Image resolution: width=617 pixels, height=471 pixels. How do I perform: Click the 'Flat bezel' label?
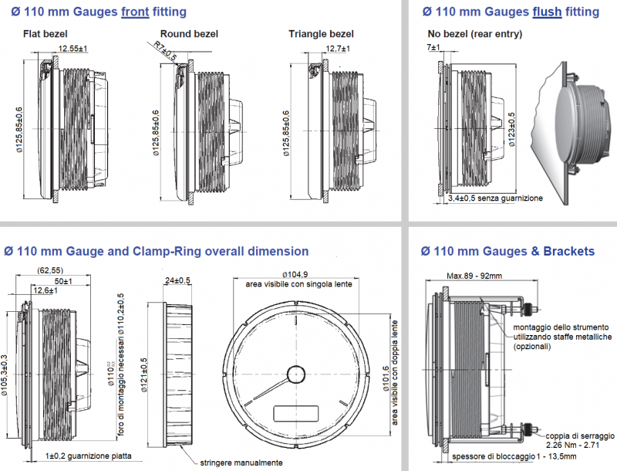pyautogui.click(x=44, y=35)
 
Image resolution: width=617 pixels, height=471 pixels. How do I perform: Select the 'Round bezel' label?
pyautogui.click(x=189, y=34)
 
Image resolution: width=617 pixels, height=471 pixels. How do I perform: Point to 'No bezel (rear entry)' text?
pyautogui.click(x=474, y=34)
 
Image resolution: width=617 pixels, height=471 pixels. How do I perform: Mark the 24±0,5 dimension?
pyautogui.click(x=178, y=281)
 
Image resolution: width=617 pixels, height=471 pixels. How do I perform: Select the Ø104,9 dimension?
pyautogui.click(x=295, y=275)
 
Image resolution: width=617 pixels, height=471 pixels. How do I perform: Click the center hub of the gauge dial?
pyautogui.click(x=295, y=374)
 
